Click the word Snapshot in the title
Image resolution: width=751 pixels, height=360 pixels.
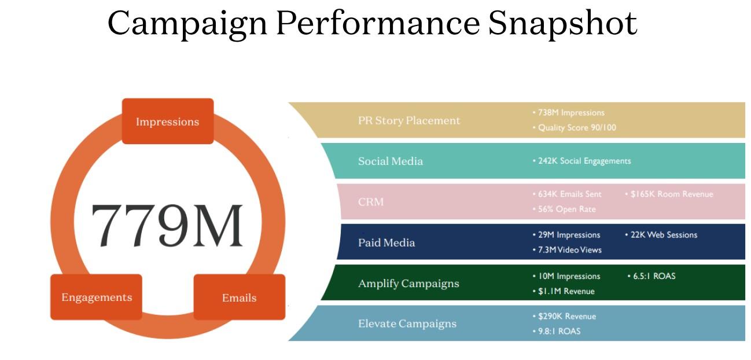pyautogui.click(x=562, y=23)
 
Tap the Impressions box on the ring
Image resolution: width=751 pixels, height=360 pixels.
pyautogui.click(x=168, y=121)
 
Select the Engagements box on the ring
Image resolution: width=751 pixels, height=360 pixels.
pyautogui.click(x=96, y=297)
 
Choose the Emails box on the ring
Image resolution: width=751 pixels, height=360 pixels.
pyautogui.click(x=240, y=297)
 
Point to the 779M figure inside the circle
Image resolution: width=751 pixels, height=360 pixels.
pyautogui.click(x=167, y=225)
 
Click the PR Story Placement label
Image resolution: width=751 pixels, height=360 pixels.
pyautogui.click(x=409, y=120)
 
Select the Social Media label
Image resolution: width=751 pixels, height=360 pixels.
pyautogui.click(x=391, y=161)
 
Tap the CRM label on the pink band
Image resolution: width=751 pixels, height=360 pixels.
pyautogui.click(x=371, y=201)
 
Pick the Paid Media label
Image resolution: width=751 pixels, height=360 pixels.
pyautogui.click(x=386, y=243)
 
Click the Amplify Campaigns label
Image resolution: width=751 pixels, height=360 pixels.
pyautogui.click(x=408, y=284)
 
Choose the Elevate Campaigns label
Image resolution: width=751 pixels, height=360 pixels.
pyautogui.click(x=407, y=324)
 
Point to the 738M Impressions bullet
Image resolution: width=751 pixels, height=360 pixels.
pyautogui.click(x=569, y=112)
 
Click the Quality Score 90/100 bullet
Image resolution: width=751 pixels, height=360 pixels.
pyautogui.click(x=575, y=127)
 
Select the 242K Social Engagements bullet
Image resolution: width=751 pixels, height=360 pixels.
pyautogui.click(x=581, y=161)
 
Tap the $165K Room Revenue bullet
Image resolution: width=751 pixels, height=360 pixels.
pyautogui.click(x=669, y=194)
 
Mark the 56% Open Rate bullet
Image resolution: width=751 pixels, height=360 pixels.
pyautogui.click(x=564, y=209)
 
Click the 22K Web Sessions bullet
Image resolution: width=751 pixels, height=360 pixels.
pyautogui.click(x=661, y=234)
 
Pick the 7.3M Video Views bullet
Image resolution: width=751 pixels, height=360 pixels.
pyautogui.click(x=567, y=249)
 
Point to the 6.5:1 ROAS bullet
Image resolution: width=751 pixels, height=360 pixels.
pyautogui.click(x=651, y=275)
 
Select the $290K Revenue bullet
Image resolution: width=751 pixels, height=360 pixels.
pyautogui.click(x=564, y=316)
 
